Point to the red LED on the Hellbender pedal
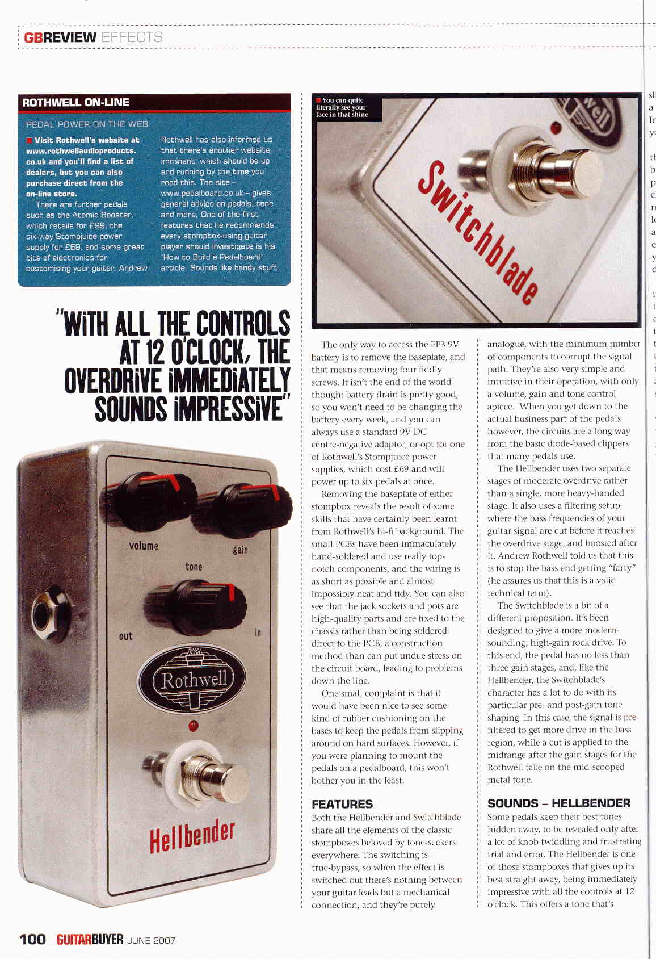(x=194, y=725)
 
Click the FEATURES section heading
(x=342, y=804)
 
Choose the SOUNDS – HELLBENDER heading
(x=559, y=803)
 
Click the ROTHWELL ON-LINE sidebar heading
(x=75, y=103)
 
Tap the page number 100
(x=33, y=939)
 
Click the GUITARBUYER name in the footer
(x=90, y=939)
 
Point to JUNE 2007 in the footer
(x=152, y=940)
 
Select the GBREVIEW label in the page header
(x=60, y=37)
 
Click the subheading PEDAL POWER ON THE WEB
(x=87, y=124)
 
